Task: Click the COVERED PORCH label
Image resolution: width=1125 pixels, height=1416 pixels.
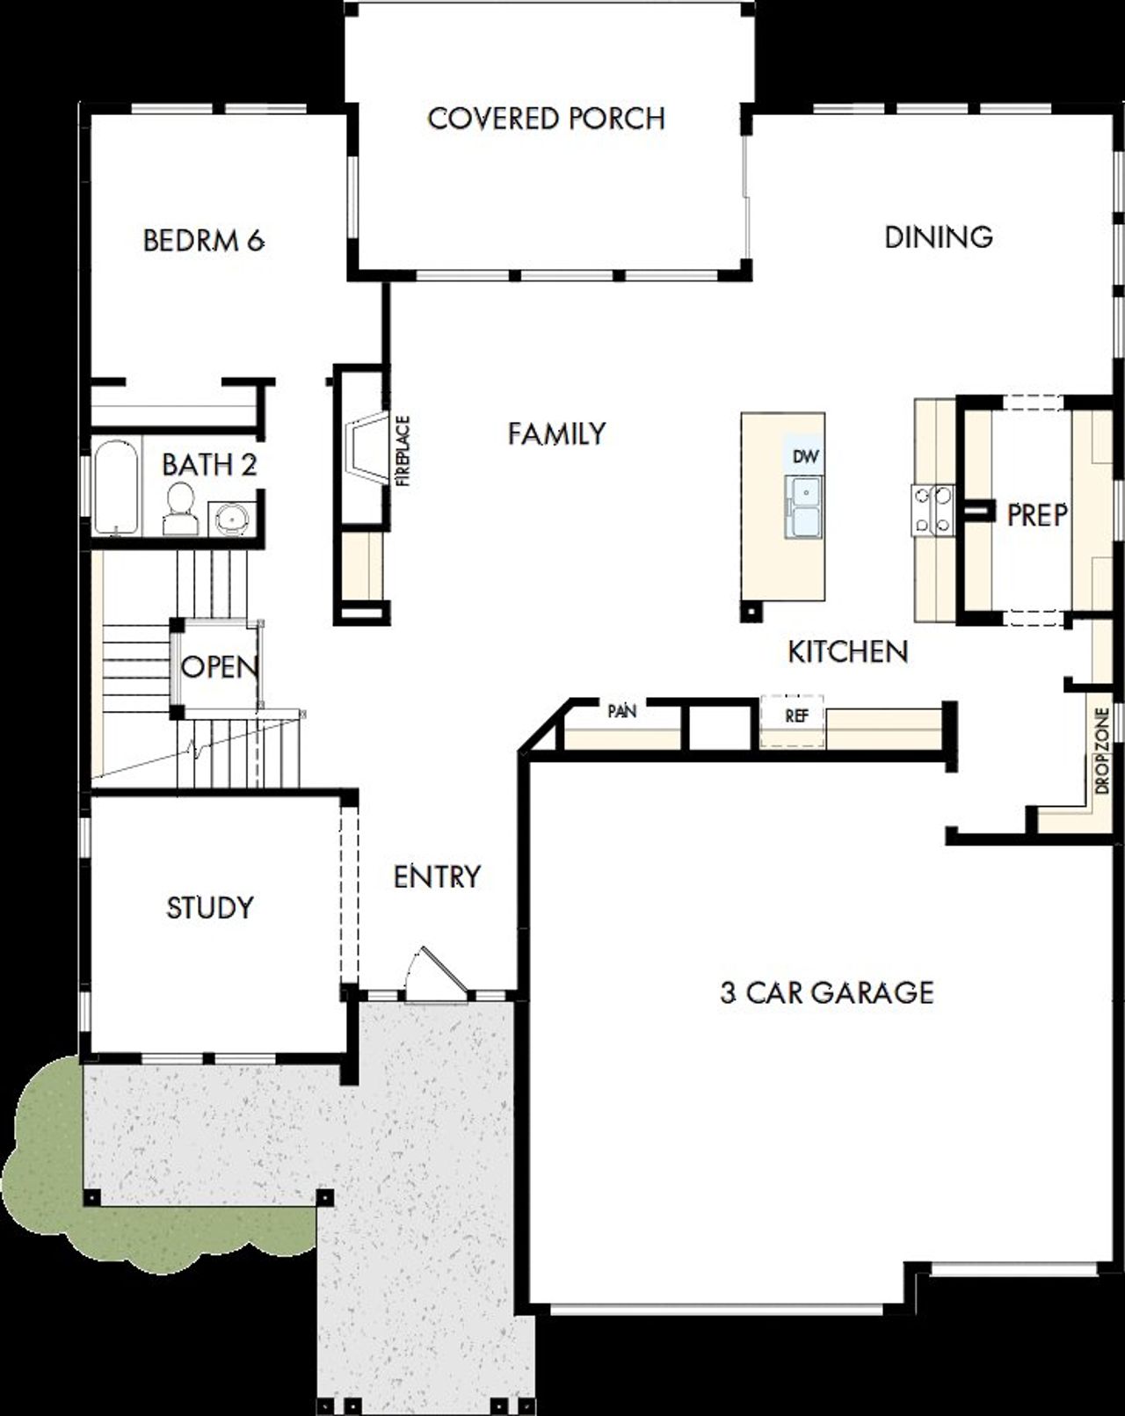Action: (x=546, y=119)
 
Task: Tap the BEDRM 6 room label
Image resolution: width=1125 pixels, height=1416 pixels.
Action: (x=204, y=240)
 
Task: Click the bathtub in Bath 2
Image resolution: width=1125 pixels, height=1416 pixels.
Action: (x=116, y=489)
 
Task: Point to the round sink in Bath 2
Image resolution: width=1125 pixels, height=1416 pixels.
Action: (x=232, y=518)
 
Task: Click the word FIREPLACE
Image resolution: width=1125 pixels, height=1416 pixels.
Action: (x=403, y=451)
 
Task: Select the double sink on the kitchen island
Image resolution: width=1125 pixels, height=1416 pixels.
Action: (x=805, y=508)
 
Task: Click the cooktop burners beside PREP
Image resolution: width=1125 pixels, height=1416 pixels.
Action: (x=933, y=510)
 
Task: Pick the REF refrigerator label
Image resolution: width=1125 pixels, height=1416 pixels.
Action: (x=796, y=716)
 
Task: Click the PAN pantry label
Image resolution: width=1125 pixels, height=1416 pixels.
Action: (x=622, y=711)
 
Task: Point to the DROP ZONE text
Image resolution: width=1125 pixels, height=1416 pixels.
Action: (x=1103, y=751)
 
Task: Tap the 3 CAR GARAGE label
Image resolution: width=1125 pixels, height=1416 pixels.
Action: (x=826, y=992)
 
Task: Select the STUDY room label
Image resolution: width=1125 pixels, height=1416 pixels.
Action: (x=210, y=907)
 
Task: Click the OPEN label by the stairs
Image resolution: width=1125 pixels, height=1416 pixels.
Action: (x=220, y=667)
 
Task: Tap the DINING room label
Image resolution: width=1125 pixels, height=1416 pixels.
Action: (x=938, y=236)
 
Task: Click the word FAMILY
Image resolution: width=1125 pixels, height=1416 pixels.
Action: (x=556, y=433)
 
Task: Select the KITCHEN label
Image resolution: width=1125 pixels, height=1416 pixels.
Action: (x=847, y=651)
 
